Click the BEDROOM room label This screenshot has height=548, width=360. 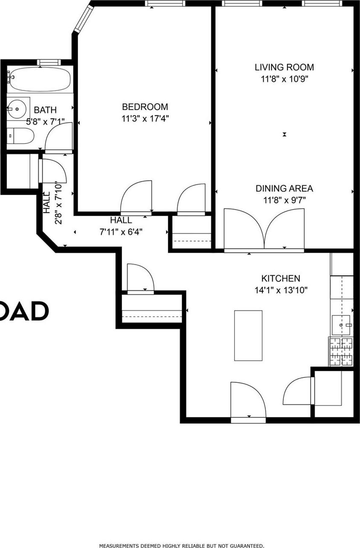[145, 107]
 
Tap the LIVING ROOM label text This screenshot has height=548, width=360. [284, 67]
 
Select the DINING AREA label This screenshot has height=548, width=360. [284, 188]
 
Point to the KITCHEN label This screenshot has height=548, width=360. [280, 278]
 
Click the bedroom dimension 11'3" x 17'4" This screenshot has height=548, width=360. [145, 118]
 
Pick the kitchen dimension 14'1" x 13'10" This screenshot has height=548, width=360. [280, 290]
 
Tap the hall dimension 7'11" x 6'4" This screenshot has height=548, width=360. [121, 232]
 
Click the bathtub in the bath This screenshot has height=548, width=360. [40, 79]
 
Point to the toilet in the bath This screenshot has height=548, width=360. [21, 136]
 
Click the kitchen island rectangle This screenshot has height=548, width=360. [248, 335]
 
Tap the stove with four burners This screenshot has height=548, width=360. [341, 352]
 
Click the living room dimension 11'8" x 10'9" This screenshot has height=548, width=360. [284, 79]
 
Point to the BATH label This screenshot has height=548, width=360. [45, 110]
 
